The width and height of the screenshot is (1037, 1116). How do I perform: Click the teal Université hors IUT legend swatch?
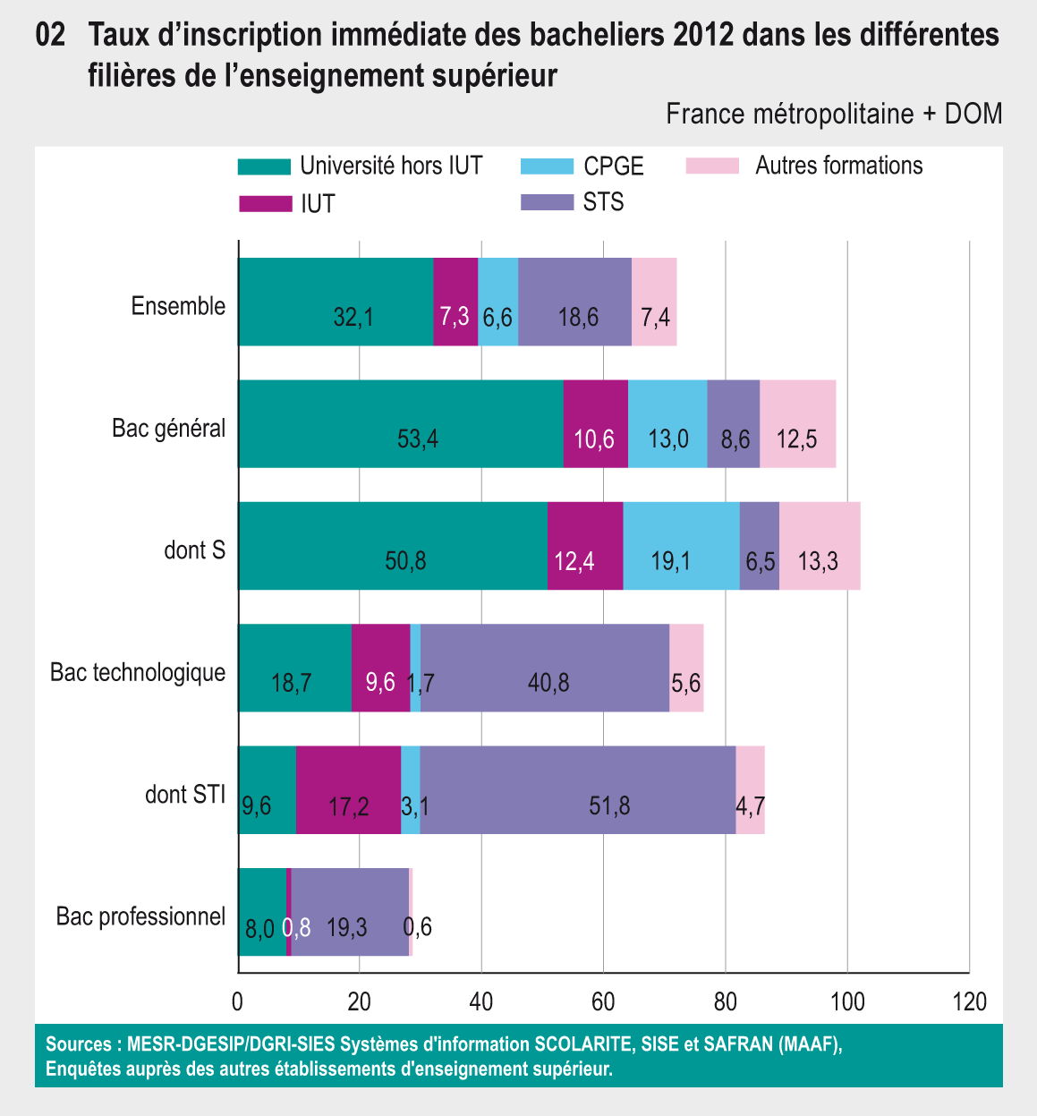[x=265, y=166]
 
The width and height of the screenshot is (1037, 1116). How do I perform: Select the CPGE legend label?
[x=613, y=166]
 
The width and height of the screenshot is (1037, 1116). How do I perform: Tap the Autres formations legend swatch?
[x=712, y=166]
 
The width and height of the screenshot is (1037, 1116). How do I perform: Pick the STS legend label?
[x=603, y=202]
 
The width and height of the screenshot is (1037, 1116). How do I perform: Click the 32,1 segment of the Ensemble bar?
[x=336, y=302]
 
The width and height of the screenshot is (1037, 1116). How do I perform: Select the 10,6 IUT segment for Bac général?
[x=595, y=423]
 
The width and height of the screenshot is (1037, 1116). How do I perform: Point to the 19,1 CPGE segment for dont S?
[x=681, y=546]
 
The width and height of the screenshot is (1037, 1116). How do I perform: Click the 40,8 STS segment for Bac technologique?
[x=545, y=668]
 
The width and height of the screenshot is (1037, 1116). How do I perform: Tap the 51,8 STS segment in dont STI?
[x=577, y=789]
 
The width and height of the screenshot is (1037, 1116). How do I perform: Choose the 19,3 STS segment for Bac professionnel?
[x=350, y=912]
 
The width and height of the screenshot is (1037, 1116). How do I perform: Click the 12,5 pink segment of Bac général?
[x=797, y=423]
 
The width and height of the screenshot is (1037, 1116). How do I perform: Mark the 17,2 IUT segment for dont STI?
[x=348, y=789]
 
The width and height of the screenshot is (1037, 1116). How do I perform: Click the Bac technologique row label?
[x=138, y=672]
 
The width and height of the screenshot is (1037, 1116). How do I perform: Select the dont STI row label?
[x=185, y=794]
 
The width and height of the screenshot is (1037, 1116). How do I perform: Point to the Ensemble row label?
[x=178, y=306]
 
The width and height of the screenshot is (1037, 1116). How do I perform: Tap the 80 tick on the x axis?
[x=725, y=1001]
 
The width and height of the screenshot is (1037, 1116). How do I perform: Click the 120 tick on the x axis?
[x=969, y=1001]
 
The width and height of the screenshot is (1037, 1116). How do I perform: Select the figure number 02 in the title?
[x=51, y=36]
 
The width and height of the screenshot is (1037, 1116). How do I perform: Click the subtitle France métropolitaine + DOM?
[x=834, y=115]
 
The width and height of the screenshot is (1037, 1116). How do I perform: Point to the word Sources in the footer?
[x=78, y=1044]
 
